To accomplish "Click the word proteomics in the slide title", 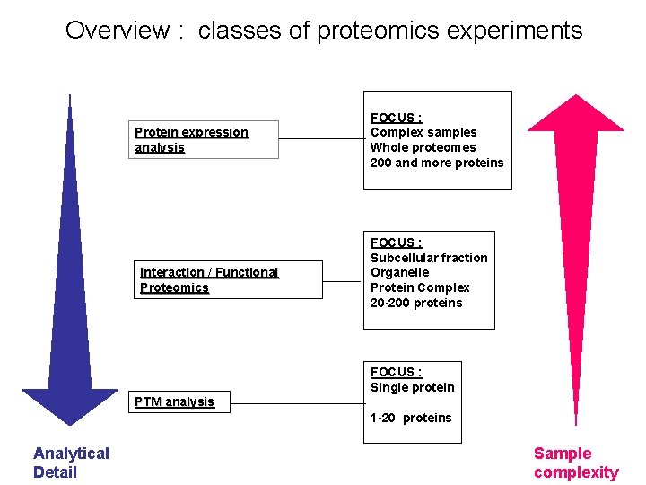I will coord(353,31).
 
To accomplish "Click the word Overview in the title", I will coord(118,31).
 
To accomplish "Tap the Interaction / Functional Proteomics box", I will coord(231,279).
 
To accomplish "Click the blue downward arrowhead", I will coord(70,404).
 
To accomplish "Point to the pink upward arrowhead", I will coord(574,112).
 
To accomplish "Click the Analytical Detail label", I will coord(71,463).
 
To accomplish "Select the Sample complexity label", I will coord(576,463).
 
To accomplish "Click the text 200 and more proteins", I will coord(437,163).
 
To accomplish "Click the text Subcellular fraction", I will coord(429,258).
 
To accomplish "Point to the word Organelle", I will coord(399,272).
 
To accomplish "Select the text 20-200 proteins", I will coord(416,303).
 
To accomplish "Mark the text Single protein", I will coord(413,387).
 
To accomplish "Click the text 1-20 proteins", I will coord(411,418).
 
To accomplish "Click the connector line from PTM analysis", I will coord(296,402).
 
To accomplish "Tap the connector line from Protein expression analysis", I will coord(320,139).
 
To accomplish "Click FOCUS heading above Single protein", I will coord(396,372).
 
